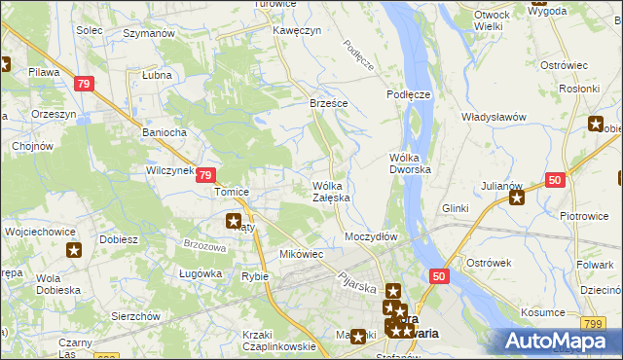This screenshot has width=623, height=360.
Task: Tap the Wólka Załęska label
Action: [331, 191]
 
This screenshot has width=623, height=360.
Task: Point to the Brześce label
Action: [329, 102]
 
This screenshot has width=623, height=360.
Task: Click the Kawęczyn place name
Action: [297, 30]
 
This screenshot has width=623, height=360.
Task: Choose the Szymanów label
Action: [149, 33]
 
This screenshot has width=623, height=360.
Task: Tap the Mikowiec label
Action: [301, 254]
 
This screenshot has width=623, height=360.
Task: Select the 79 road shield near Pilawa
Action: [84, 84]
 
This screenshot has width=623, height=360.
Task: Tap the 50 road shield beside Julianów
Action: [555, 180]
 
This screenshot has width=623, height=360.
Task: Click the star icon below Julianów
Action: [517, 199]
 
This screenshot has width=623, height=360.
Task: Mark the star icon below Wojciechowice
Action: [74, 251]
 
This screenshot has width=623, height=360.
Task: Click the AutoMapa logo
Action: [556, 341]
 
